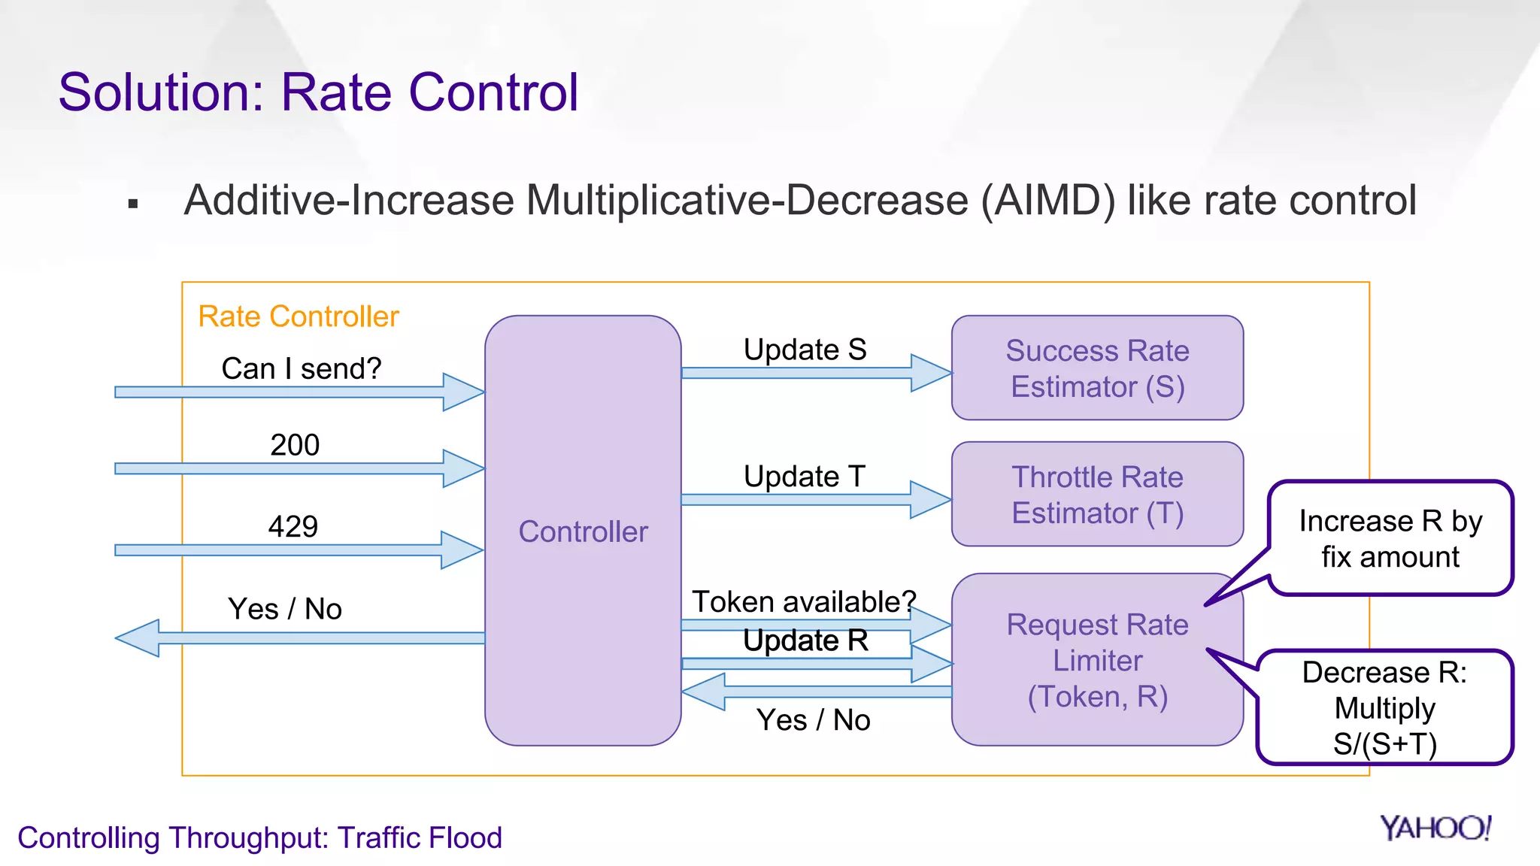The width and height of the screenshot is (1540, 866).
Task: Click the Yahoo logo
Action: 1435,828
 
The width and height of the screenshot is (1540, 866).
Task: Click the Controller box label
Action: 583,531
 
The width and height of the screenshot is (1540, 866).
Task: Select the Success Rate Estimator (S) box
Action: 1097,368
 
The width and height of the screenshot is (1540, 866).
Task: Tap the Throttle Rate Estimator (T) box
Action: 1097,494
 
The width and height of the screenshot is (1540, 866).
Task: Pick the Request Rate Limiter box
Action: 1097,660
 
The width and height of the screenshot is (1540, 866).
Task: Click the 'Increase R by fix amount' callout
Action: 1390,538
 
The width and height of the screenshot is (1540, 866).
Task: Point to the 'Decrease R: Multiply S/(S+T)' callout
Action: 1384,707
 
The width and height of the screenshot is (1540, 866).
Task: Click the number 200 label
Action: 295,445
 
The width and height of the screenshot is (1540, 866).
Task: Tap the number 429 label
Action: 293,526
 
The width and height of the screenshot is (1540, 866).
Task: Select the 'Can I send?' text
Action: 302,368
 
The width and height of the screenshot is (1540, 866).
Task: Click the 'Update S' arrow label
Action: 805,350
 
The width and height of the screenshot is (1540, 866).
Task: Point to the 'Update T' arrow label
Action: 805,477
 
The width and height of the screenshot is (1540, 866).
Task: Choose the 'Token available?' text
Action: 804,601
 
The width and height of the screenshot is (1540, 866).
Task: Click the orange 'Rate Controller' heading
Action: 299,316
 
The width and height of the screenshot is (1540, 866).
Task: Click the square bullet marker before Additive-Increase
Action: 134,204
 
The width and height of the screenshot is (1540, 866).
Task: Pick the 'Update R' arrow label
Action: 805,640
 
